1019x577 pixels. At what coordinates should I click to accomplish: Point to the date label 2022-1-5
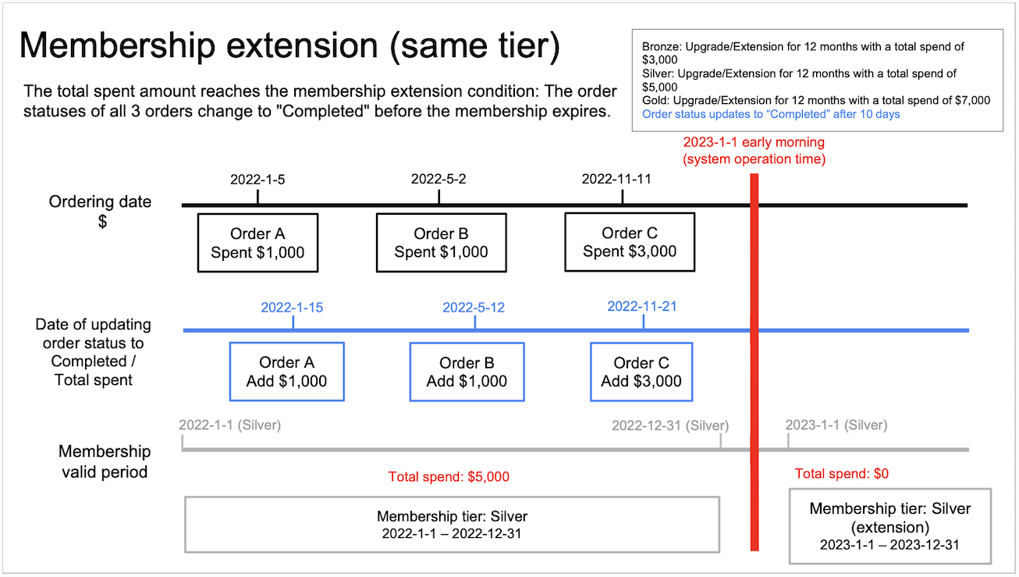tap(257, 180)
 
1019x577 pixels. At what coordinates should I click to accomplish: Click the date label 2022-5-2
tap(438, 180)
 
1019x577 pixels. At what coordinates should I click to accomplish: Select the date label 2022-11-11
tap(616, 180)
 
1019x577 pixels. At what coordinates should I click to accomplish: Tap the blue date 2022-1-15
tap(292, 308)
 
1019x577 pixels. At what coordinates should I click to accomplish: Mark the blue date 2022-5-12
tap(474, 308)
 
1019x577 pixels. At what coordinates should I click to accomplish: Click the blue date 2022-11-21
tap(642, 307)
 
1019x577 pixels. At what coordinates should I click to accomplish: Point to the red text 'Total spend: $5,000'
tap(449, 477)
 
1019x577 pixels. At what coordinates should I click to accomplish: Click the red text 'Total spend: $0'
tap(842, 474)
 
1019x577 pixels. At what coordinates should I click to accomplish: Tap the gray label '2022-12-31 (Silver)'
tap(670, 426)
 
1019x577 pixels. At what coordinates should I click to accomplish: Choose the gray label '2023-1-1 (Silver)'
tap(836, 425)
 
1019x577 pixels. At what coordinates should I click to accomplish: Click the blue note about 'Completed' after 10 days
tap(771, 114)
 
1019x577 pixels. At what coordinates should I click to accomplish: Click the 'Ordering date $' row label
tap(100, 211)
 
